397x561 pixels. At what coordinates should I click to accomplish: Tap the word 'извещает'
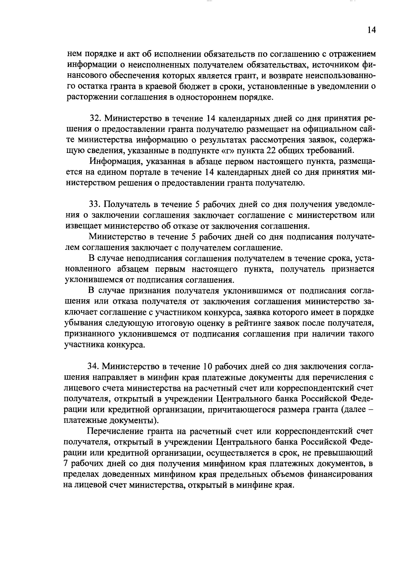click(83, 226)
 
